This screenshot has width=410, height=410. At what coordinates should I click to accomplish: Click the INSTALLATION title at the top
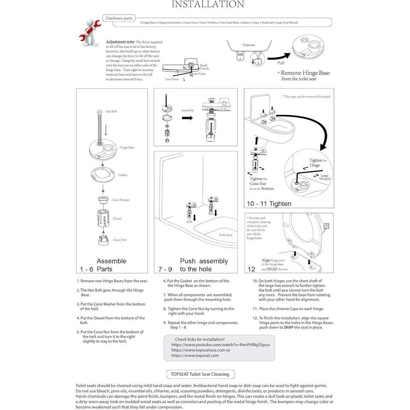[x=208, y=5]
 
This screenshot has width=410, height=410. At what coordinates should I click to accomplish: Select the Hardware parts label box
[x=118, y=18]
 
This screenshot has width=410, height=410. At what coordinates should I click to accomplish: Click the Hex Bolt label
[x=111, y=111]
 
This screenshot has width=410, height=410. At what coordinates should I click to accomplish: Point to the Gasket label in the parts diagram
[x=123, y=175]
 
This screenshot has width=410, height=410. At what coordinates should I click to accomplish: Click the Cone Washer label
[x=120, y=200]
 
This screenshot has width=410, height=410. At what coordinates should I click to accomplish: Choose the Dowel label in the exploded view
[x=117, y=219]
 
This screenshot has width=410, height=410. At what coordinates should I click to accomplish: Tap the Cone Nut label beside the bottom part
[x=120, y=240]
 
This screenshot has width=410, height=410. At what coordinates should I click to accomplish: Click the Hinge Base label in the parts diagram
[x=127, y=147]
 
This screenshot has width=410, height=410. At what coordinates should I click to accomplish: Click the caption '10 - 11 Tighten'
[x=269, y=204]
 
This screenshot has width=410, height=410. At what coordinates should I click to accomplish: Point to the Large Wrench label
[x=325, y=177]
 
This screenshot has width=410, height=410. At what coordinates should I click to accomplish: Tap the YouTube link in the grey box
[x=220, y=344]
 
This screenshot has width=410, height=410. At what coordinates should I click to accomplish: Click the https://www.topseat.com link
[x=195, y=355]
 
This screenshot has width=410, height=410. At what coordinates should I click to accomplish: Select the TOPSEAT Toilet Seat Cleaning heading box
[x=200, y=374]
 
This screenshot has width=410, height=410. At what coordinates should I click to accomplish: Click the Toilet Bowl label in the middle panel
[x=225, y=235]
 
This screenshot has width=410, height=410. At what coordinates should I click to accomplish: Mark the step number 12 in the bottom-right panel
[x=252, y=269]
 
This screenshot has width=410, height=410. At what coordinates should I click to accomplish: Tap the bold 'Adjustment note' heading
[x=120, y=42]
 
